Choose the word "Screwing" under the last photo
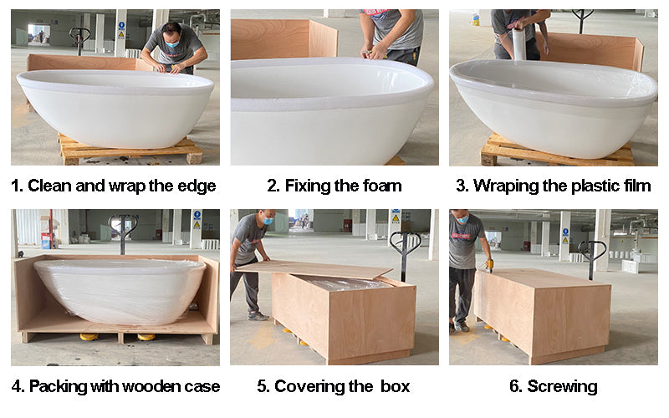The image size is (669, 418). point(562,387)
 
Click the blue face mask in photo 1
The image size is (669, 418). point(172,43)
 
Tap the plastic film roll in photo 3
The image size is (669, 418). point(518,43)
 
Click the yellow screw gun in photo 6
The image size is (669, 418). point(489,265)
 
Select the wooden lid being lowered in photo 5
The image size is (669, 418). point(314,269)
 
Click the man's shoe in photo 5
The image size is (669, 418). point(258,316)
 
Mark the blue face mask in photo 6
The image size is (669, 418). point(462,219)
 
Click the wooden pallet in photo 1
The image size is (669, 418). point(130,150)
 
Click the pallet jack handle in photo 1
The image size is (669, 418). point(79,40)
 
